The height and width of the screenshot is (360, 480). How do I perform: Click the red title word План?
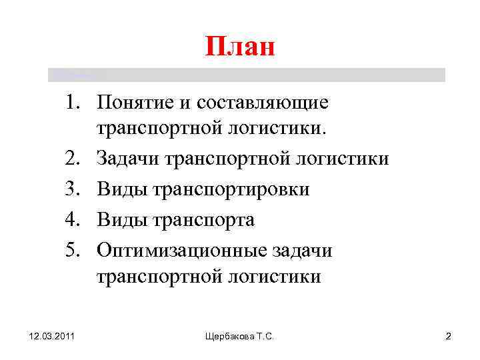click(240, 47)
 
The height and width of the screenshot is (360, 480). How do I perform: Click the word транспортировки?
click(231, 190)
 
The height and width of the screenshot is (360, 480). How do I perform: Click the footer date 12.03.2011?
click(52, 337)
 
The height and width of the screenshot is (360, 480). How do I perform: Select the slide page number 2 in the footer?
click(448, 337)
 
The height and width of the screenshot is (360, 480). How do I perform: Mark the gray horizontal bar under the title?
click(247, 75)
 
